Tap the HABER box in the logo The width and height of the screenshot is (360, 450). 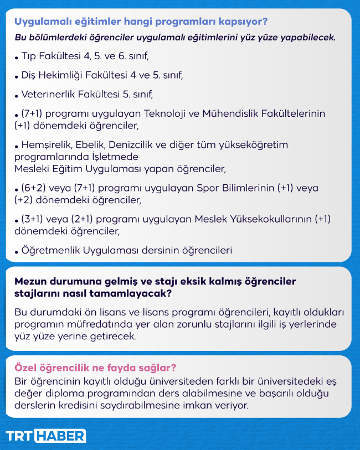coord(60,436)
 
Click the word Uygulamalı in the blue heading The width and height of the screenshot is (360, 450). coord(38,22)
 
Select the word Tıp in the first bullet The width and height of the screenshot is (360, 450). coord(28,56)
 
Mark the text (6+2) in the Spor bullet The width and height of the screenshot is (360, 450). coord(34,188)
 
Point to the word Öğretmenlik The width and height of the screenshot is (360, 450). coord(50,250)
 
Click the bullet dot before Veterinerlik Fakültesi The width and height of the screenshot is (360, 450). coord(17,96)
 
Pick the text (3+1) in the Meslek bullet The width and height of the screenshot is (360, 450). coord(34,219)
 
